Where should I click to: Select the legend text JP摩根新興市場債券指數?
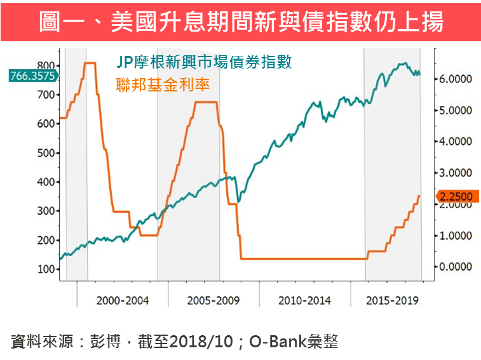click(204, 62)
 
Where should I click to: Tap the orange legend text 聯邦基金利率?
click(163, 83)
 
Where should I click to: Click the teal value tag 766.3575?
click(32, 76)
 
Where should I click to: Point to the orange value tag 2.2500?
click(456, 196)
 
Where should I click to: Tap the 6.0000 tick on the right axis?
click(456, 79)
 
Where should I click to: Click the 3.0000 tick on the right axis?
click(456, 173)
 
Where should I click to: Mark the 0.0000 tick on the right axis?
click(456, 267)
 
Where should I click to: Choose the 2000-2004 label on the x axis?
click(123, 299)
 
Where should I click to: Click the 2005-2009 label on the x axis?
click(214, 299)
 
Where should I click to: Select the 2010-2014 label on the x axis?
click(305, 299)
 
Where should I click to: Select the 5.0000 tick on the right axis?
click(456, 110)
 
